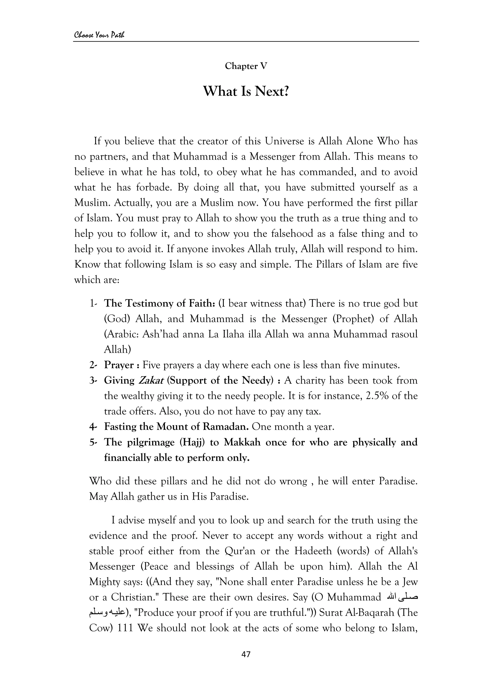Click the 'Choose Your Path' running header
click(99, 35)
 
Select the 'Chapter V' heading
click(246, 66)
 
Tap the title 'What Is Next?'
click(246, 91)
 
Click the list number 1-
click(93, 303)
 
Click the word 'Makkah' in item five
click(242, 442)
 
